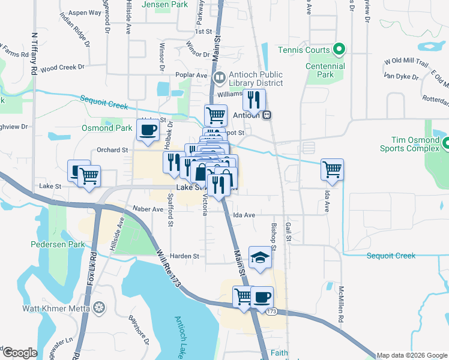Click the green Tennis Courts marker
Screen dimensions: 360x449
(338, 50)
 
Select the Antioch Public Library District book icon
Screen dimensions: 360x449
(219, 77)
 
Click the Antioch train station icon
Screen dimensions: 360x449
(267, 115)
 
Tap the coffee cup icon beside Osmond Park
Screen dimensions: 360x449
(148, 129)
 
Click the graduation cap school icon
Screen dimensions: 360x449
(260, 257)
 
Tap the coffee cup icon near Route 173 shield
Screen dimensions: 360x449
(261, 296)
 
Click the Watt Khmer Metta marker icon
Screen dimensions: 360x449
(99, 308)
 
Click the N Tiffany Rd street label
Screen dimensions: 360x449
(34, 53)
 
